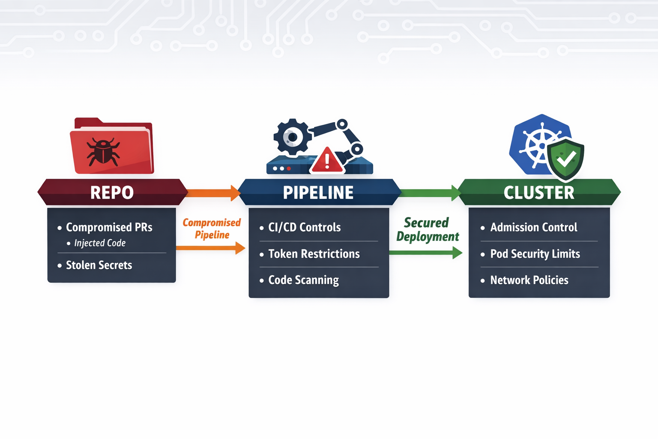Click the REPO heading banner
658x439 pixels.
click(x=112, y=192)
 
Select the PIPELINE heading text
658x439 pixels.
click(x=318, y=192)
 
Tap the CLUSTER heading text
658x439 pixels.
click(x=539, y=192)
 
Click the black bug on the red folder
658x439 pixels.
click(x=103, y=151)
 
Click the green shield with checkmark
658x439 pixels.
click(x=566, y=159)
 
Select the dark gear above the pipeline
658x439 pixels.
click(x=293, y=137)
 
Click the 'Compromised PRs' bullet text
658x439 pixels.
click(x=109, y=227)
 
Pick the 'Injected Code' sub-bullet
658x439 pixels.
click(x=100, y=243)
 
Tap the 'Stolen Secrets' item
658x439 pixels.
click(x=99, y=265)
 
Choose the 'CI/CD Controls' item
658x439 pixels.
click(x=304, y=227)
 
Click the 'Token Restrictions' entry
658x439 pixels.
click(x=314, y=254)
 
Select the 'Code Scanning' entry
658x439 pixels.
click(x=303, y=280)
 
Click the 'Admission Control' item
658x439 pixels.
click(x=533, y=227)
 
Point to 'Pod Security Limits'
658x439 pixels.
click(x=535, y=254)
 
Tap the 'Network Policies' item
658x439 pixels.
click(x=529, y=280)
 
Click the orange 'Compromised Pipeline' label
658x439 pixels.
click(x=212, y=229)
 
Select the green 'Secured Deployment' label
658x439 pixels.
click(x=427, y=229)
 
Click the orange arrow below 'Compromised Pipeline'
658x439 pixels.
click(x=210, y=248)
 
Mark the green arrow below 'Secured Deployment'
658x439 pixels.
click(x=425, y=253)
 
